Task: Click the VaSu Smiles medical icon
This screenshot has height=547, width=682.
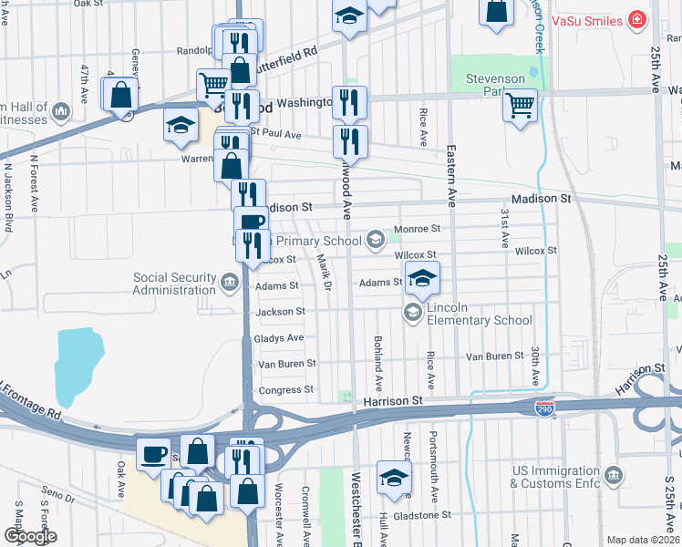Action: click(x=636, y=20)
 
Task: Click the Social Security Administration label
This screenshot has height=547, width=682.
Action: click(x=174, y=284)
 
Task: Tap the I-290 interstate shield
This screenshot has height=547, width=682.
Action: click(x=544, y=408)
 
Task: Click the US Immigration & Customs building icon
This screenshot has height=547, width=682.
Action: click(x=615, y=475)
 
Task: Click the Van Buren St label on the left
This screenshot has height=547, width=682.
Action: click(x=287, y=363)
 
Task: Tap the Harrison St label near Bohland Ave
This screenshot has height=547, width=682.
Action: click(x=393, y=400)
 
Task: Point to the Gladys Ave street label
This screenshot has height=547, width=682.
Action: click(x=280, y=337)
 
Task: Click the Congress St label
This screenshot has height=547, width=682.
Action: click(x=285, y=389)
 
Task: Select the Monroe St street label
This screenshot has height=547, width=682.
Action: click(x=417, y=229)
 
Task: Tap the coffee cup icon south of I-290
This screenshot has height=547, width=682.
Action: click(x=154, y=453)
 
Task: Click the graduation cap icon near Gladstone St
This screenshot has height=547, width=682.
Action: click(x=394, y=477)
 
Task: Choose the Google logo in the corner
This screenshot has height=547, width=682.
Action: click(x=29, y=536)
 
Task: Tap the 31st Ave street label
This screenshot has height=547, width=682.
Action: click(x=504, y=227)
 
